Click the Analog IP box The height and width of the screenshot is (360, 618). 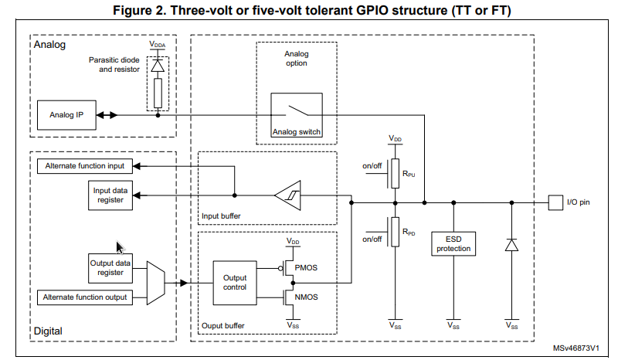point(66,115)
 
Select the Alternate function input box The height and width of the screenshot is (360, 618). point(84,166)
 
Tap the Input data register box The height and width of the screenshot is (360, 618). point(110,195)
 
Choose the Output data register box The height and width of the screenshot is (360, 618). point(110,267)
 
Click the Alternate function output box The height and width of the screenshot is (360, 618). point(84,297)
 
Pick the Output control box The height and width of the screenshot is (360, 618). point(234,282)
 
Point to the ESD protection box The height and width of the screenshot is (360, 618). point(452,243)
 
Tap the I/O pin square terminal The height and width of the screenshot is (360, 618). point(554,202)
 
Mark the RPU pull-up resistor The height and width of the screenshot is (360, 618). point(395,171)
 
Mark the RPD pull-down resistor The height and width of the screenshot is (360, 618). point(395,231)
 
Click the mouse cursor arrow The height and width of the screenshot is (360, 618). point(120,247)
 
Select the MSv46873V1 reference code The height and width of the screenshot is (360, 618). point(576,349)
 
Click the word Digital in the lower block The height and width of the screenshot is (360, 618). point(48,331)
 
